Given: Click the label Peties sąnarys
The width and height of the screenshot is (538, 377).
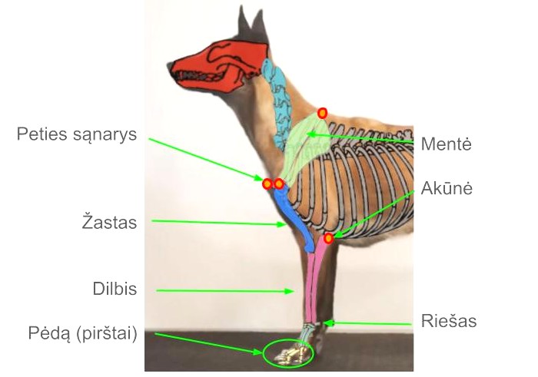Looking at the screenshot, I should pos(77,135).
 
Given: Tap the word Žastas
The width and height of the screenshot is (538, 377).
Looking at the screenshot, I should pos(109,223).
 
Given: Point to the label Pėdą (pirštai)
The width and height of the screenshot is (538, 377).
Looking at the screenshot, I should pos(82,335).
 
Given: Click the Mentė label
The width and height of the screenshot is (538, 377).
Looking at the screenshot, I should pos(447,144).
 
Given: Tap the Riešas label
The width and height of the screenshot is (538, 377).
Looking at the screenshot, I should pos(450,321).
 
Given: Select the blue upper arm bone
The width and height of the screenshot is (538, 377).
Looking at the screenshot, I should pos(291,215).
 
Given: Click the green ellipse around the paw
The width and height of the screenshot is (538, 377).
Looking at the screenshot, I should pos(288,353).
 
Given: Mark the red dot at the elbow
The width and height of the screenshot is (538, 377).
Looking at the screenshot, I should pos(329,238).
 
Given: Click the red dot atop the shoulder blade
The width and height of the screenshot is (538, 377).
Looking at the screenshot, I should pos(323,113).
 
